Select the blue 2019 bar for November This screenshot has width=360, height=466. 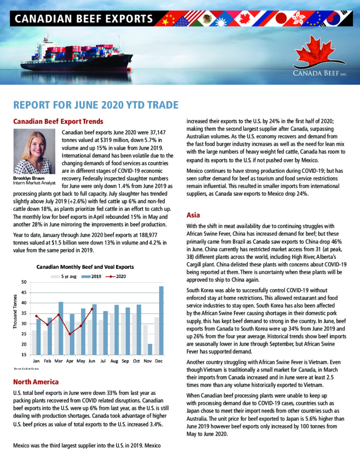click(150, 349)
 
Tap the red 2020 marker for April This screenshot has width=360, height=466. click(70, 334)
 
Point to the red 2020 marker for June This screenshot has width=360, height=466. click(92, 309)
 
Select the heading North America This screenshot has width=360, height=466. click(36, 382)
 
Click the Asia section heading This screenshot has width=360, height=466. click(193, 215)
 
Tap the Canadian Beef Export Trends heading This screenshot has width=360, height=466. click(58, 121)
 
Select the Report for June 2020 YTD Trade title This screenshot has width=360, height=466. click(96, 105)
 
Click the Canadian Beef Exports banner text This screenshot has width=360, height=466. click(83, 19)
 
